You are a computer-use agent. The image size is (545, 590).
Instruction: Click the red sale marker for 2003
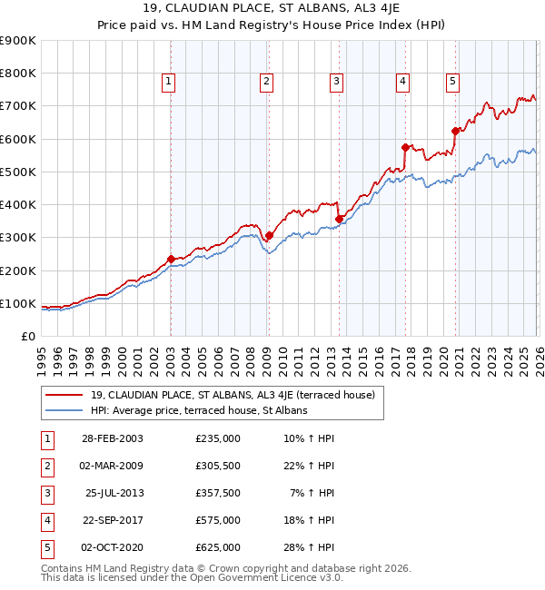pos(171,259)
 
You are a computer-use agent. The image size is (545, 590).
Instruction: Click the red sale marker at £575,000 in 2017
pos(405,146)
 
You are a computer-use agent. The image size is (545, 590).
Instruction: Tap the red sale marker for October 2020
pos(454,131)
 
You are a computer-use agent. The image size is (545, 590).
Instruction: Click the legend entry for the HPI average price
pos(199,410)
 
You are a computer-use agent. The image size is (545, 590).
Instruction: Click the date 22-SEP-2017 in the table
pos(113,521)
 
